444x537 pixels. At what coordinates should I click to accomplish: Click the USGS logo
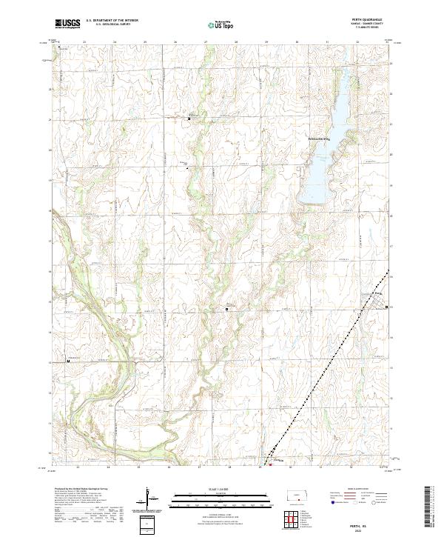(67, 24)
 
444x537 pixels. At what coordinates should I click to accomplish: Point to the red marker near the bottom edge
(270, 465)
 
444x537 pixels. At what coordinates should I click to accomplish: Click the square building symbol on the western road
(68, 361)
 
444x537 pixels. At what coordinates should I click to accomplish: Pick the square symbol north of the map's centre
(189, 118)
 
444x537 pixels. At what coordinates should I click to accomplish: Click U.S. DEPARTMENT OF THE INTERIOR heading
(112, 21)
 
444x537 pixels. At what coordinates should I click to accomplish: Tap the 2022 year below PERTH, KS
(363, 528)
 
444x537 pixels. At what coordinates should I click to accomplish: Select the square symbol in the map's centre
(227, 308)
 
